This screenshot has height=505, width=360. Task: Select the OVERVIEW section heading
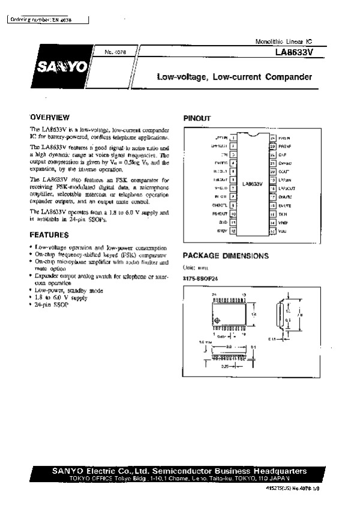[x=50, y=117]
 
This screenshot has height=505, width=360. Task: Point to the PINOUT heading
[x=197, y=119]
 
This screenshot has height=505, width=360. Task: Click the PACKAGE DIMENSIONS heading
[x=226, y=255]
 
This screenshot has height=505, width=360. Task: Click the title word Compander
[x=290, y=77]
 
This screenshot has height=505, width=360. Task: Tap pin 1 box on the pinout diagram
[x=232, y=138]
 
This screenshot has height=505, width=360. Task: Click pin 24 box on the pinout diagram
[x=272, y=138]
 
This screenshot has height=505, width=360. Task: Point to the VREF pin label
[x=284, y=222]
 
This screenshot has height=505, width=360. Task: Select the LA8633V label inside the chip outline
[x=252, y=184]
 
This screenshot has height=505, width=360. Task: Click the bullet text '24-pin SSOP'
[x=53, y=304]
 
